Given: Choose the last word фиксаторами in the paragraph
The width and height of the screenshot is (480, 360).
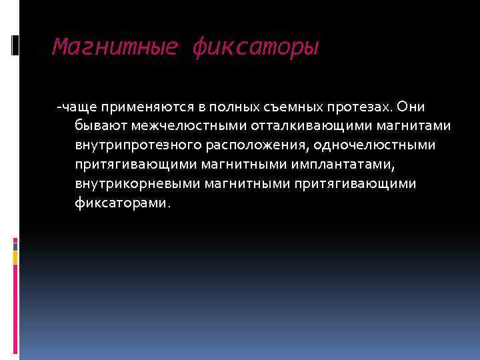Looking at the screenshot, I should [123, 203].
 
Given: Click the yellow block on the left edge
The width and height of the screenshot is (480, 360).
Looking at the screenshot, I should [16, 255].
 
